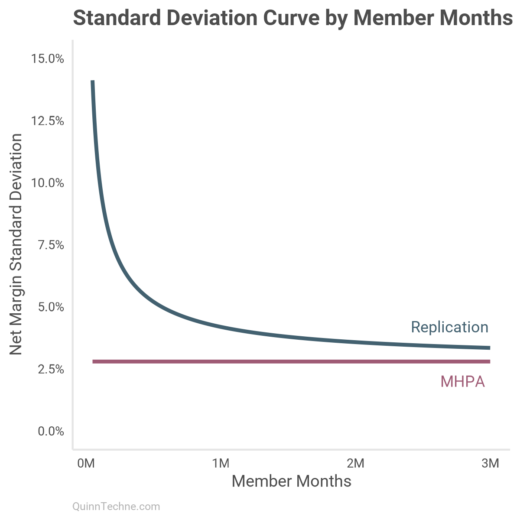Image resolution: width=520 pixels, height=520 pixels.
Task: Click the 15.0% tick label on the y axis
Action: click(x=48, y=58)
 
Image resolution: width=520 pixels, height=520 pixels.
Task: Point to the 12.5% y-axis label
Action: click(x=48, y=121)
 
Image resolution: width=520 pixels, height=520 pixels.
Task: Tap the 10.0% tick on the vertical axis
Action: click(x=48, y=183)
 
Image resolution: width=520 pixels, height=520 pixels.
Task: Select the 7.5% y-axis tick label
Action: click(x=51, y=245)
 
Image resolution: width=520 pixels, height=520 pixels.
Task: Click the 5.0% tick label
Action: click(x=51, y=307)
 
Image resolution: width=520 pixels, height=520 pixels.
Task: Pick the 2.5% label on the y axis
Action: click(x=51, y=370)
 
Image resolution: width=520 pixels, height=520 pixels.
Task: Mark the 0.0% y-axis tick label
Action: click(x=51, y=432)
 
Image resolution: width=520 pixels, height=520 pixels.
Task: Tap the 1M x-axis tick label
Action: click(x=221, y=464)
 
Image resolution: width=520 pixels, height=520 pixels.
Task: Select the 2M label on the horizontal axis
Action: click(x=355, y=464)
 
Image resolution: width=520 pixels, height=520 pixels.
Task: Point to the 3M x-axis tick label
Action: click(x=490, y=464)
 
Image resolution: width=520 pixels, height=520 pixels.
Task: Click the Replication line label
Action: click(x=449, y=327)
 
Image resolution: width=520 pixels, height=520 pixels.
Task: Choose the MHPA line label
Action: click(x=462, y=382)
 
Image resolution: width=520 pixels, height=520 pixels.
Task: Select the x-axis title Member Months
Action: click(x=291, y=481)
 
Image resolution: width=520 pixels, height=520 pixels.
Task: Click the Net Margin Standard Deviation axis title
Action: click(x=16, y=244)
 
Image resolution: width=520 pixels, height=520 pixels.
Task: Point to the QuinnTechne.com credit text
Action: click(x=116, y=507)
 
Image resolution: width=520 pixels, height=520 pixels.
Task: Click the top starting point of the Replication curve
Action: click(x=92, y=81)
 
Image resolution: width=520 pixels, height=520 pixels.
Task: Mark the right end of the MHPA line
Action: click(x=489, y=361)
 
